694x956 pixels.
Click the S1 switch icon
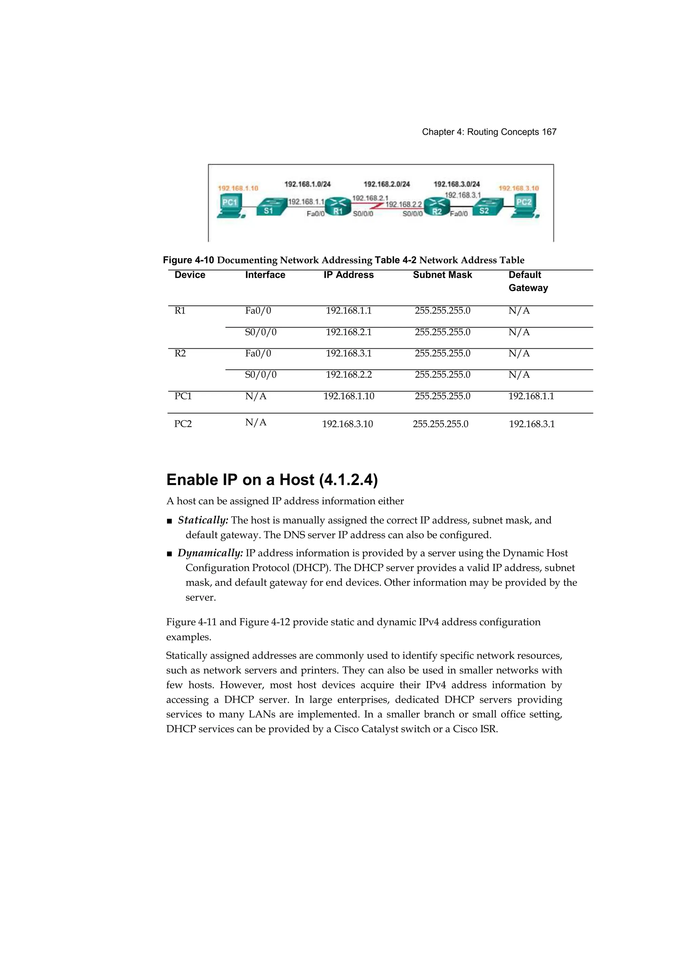pos(269,207)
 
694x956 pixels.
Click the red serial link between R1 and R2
pos(378,206)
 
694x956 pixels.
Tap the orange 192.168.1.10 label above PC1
pos(238,188)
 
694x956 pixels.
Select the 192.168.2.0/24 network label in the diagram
pos(387,184)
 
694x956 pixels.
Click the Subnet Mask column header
pos(442,275)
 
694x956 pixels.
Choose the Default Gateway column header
pos(528,281)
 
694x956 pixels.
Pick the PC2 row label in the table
pos(183,424)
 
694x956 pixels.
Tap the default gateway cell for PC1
pos(531,396)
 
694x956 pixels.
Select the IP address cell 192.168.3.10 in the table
pos(347,424)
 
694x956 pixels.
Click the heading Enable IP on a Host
pos(272,480)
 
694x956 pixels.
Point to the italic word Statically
pos(203,520)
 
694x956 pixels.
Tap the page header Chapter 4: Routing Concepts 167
pos(489,132)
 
